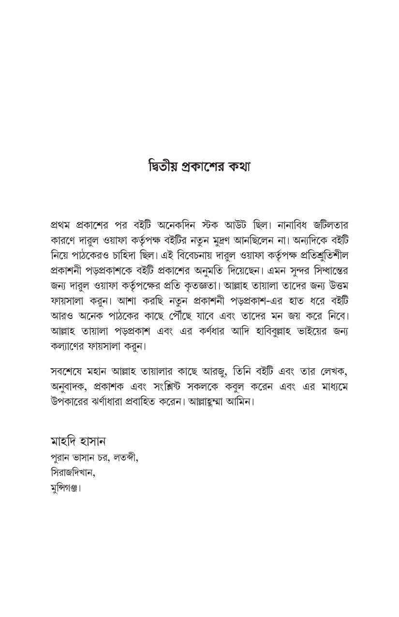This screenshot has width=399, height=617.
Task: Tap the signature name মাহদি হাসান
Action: pyautogui.click(x=78, y=442)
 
